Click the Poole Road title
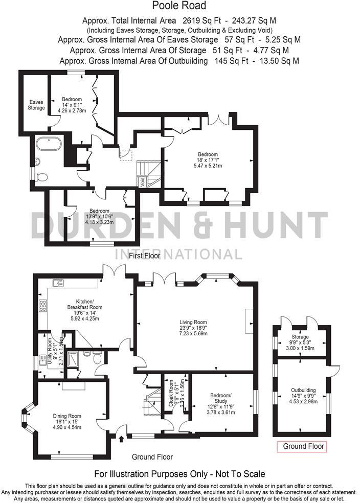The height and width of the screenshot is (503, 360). click(x=179, y=6)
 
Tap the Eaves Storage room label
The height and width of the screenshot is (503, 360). click(x=36, y=105)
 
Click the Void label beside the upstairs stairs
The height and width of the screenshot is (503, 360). click(x=142, y=180)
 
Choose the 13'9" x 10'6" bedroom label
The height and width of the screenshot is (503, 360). click(x=99, y=216)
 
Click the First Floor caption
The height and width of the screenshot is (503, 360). click(x=145, y=256)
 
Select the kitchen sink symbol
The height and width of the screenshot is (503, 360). click(x=57, y=283)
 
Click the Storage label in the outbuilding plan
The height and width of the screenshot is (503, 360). click(x=300, y=337)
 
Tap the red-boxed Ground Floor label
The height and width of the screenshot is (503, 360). click(x=304, y=446)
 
